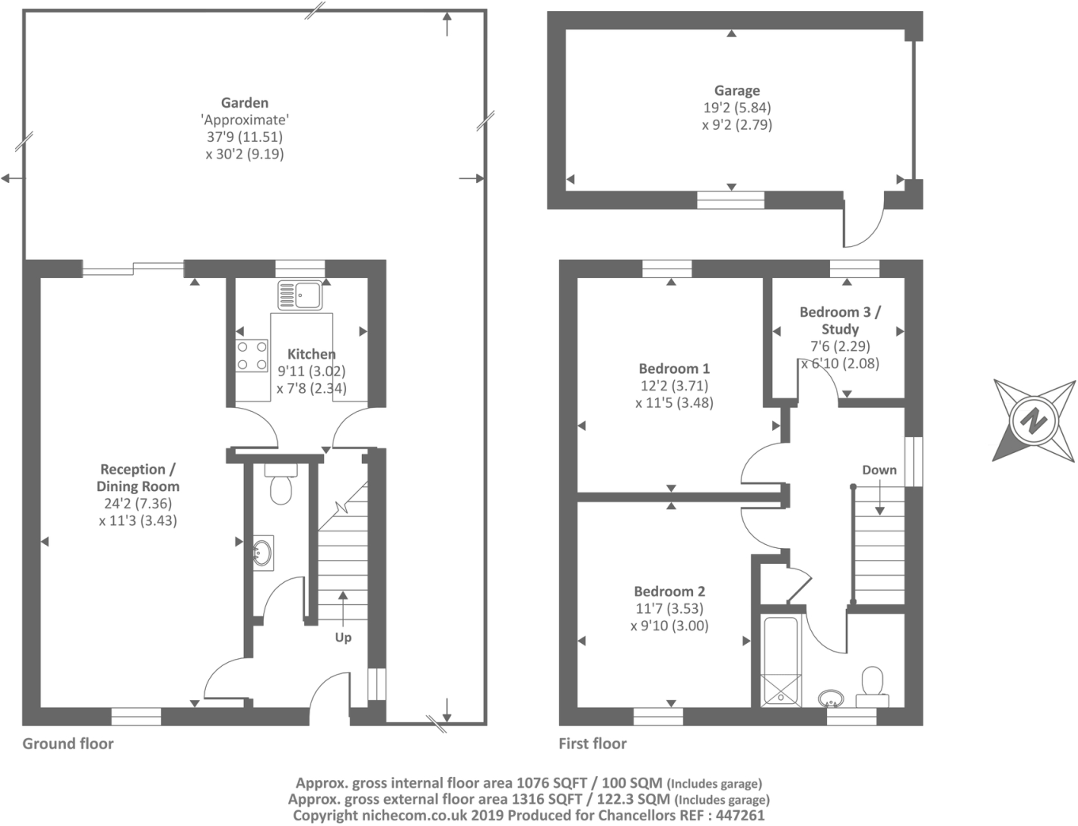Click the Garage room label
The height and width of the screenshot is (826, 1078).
tap(737, 91)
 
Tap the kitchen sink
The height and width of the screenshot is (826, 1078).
tap(299, 295)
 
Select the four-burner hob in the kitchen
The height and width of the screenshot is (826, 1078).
tap(252, 356)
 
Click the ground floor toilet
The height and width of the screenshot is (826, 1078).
tap(280, 483)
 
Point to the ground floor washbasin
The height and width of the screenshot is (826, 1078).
tap(263, 552)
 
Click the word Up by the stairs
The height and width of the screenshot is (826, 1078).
tap(343, 638)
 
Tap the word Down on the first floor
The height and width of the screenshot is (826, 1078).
tap(879, 470)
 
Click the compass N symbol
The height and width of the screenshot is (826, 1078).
tap(1034, 421)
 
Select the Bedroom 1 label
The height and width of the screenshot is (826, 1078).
tap(674, 368)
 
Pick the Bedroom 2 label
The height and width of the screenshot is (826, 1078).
tap(669, 591)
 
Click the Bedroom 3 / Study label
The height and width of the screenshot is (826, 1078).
tap(840, 320)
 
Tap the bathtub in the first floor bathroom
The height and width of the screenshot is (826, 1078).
tap(781, 660)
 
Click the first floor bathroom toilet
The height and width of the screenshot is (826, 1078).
tap(872, 687)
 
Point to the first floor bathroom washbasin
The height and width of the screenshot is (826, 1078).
tap(830, 698)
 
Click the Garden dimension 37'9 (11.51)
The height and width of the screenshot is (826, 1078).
tap(245, 137)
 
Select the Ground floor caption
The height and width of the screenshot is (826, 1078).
tap(68, 744)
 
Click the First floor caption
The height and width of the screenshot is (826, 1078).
tap(592, 744)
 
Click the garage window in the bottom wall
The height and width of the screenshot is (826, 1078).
tap(730, 200)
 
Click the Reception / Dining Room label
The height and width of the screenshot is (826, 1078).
tap(138, 478)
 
